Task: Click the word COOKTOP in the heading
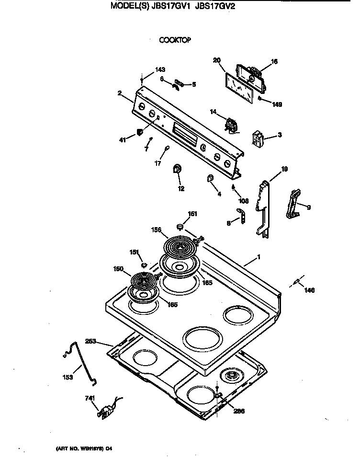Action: tap(175, 40)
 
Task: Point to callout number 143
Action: tap(160, 70)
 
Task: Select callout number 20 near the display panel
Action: tap(216, 60)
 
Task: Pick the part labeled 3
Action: tap(259, 138)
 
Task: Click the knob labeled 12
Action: tap(177, 169)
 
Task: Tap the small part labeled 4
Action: tap(210, 179)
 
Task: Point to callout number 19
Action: tap(284, 168)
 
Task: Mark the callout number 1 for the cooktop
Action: tap(259, 257)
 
